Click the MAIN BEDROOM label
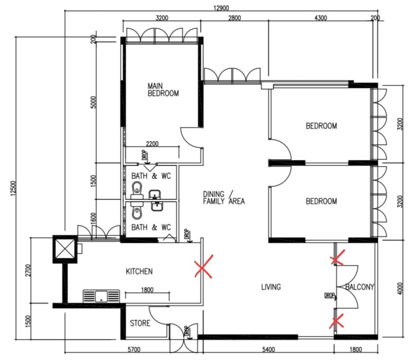click(x=163, y=90)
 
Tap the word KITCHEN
click(x=139, y=271)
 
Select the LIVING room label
click(x=271, y=287)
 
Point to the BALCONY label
click(x=360, y=287)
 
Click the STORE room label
click(x=140, y=323)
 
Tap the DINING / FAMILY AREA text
click(x=223, y=198)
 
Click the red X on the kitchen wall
click(x=203, y=266)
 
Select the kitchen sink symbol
click(x=101, y=296)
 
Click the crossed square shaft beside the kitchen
click(x=64, y=249)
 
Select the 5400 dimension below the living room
click(x=268, y=350)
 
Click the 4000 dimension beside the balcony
click(x=401, y=287)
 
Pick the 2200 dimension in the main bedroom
click(x=152, y=144)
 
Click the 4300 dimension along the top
click(x=320, y=18)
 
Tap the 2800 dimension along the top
click(x=234, y=18)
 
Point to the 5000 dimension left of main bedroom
click(x=93, y=104)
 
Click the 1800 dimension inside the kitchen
click(x=147, y=290)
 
